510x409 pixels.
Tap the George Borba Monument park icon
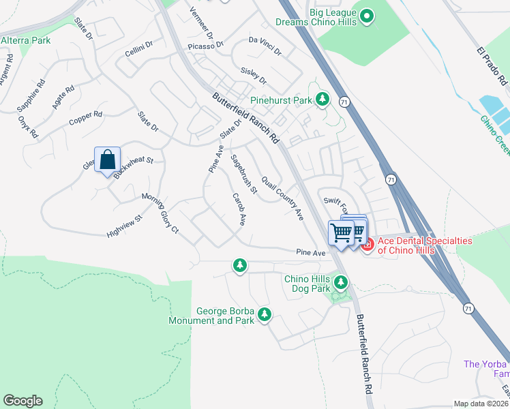click(x=264, y=315)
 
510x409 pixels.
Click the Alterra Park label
click(x=26, y=41)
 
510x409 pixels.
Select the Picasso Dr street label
click(x=205, y=46)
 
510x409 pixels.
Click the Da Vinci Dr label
click(x=265, y=41)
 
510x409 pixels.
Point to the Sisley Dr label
click(x=254, y=76)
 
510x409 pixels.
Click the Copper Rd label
click(x=85, y=119)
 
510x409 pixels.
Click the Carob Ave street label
click(x=239, y=209)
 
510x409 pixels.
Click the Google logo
click(x=22, y=401)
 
